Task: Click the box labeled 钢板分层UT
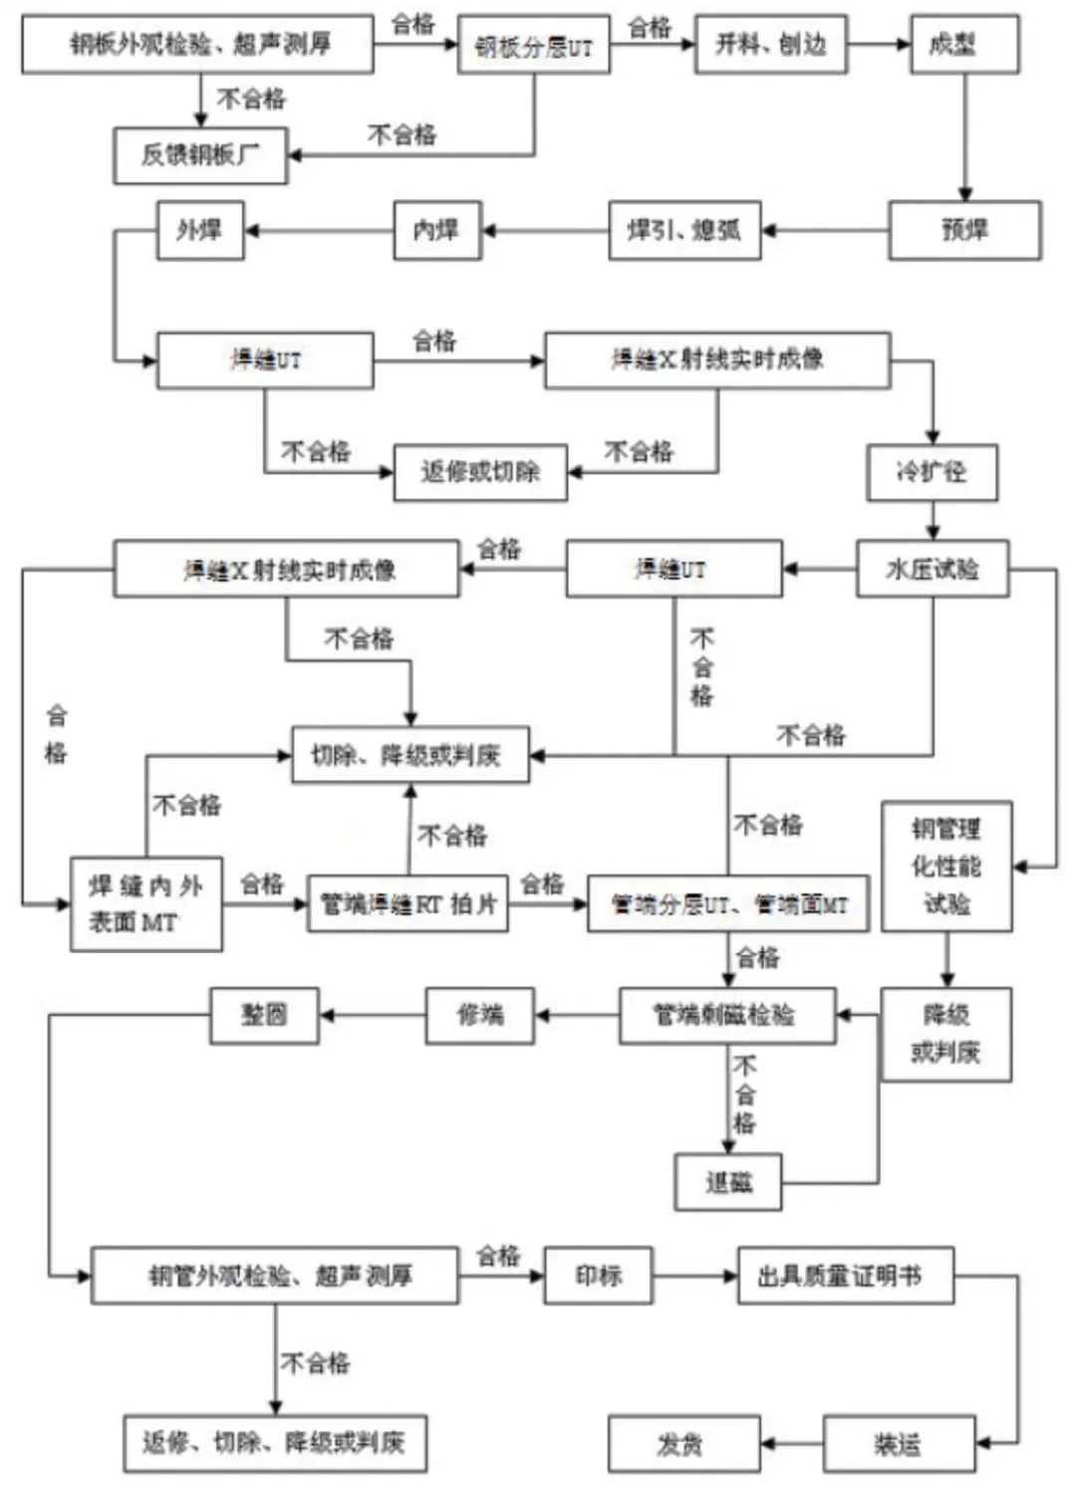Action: (534, 45)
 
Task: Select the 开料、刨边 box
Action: (770, 44)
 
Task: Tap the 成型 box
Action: (963, 44)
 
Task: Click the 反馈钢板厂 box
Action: (200, 154)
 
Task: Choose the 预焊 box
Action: (964, 230)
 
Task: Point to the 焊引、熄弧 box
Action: (684, 230)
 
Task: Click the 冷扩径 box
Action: (932, 471)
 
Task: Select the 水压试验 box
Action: (933, 569)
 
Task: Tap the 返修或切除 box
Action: (480, 471)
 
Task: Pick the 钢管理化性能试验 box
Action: (946, 866)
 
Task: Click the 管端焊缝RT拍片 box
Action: (407, 903)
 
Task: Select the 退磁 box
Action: (728, 1182)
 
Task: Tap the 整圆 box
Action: (264, 1015)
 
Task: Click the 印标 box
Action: (598, 1275)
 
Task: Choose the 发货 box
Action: (679, 1443)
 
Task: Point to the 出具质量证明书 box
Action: (845, 1275)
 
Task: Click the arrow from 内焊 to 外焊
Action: (319, 231)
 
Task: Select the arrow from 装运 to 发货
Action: (792, 1443)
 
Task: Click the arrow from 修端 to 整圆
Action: (372, 1016)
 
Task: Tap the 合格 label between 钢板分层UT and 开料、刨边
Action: (651, 27)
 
